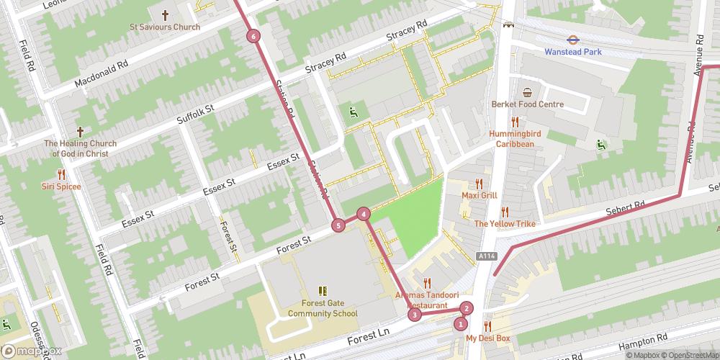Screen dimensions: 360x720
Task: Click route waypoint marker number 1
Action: click(x=461, y=324)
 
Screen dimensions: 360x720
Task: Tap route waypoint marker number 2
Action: click(x=467, y=309)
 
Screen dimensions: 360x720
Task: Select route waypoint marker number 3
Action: click(x=415, y=314)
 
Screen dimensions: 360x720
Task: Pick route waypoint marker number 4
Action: click(x=364, y=213)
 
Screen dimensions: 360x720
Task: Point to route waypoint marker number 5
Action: click(x=338, y=226)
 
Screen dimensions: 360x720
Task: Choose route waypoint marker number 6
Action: click(x=253, y=36)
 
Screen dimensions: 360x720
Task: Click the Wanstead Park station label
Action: click(x=572, y=52)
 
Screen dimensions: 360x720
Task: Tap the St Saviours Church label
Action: click(x=165, y=27)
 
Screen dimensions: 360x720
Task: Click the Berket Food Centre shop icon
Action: click(x=528, y=92)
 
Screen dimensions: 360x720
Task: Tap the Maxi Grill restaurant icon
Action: click(x=479, y=184)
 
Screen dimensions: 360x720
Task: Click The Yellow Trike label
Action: click(x=504, y=224)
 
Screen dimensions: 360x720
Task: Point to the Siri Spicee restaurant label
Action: click(x=61, y=186)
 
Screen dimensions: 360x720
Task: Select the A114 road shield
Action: click(x=486, y=256)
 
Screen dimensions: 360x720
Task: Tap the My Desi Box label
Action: click(x=487, y=338)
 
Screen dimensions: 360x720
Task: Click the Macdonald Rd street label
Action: click(x=102, y=75)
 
